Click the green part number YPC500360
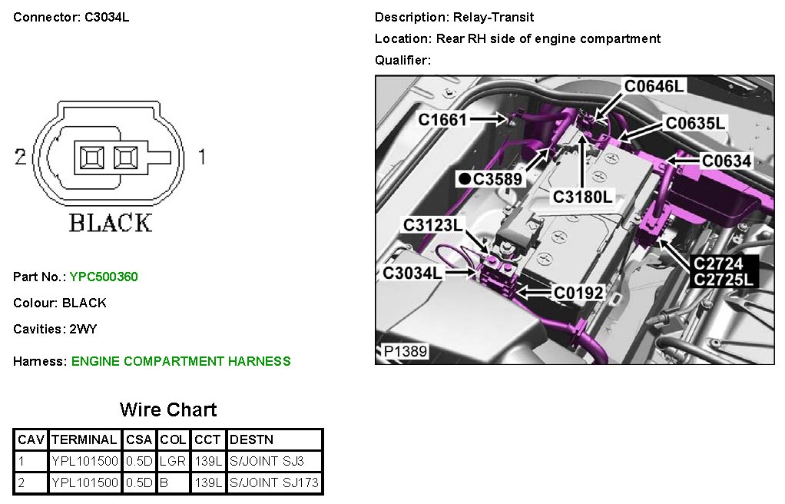[104, 277]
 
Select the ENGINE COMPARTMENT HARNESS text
[181, 361]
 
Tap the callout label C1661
[442, 119]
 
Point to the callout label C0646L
[654, 86]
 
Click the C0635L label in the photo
[695, 123]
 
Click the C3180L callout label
[584, 197]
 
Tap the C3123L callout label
[434, 225]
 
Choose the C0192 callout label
[578, 293]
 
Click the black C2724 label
[718, 264]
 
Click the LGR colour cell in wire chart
[174, 462]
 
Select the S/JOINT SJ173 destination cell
[274, 483]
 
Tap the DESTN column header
[251, 440]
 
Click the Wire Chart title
[168, 409]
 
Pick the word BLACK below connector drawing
[111, 223]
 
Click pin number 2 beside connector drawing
[21, 157]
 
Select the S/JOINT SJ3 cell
[267, 462]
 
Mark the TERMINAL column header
[84, 440]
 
